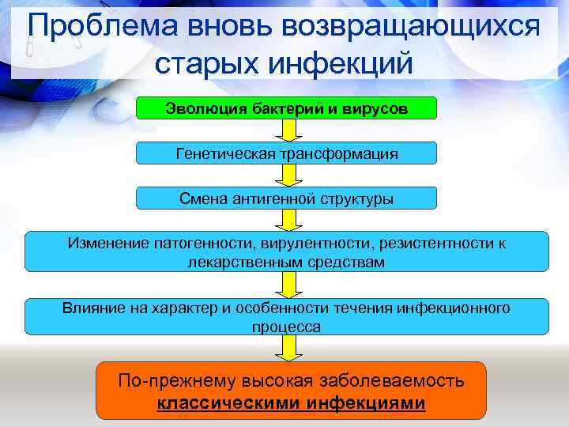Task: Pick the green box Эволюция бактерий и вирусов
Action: [x=286, y=108]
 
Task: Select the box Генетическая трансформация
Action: [x=286, y=153]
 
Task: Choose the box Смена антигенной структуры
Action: [x=286, y=198]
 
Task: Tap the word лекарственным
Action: [x=232, y=262]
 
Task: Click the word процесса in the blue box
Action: [x=286, y=327]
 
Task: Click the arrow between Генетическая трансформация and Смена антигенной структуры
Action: [x=286, y=175]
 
